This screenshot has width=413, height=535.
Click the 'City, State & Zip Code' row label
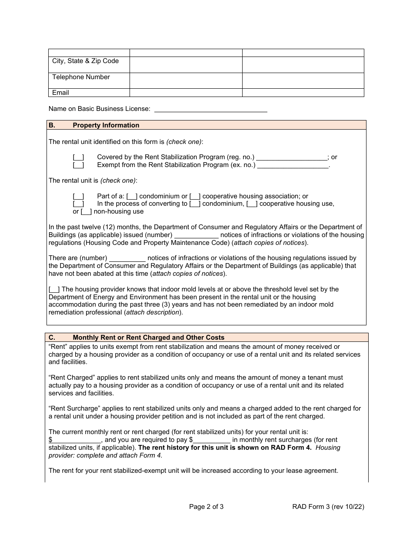(85, 61)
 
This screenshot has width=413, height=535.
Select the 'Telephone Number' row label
(81, 77)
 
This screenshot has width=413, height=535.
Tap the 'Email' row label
(60, 93)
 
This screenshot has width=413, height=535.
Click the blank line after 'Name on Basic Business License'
(211, 109)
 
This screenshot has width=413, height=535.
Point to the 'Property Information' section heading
(106, 125)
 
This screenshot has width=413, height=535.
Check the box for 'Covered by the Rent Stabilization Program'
(78, 157)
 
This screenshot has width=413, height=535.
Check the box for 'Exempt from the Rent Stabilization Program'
(78, 165)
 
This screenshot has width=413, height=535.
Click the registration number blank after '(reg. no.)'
(291, 157)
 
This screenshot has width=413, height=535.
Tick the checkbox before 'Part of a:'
(78, 197)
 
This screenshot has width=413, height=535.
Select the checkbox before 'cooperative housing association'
(195, 197)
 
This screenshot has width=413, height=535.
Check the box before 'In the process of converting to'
(78, 204)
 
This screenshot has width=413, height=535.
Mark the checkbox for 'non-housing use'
(87, 212)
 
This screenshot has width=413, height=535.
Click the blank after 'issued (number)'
(197, 235)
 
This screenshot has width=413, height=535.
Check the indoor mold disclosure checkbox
(54, 290)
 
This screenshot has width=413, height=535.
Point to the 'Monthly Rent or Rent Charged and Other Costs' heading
(148, 338)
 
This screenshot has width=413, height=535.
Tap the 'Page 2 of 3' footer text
(206, 506)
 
